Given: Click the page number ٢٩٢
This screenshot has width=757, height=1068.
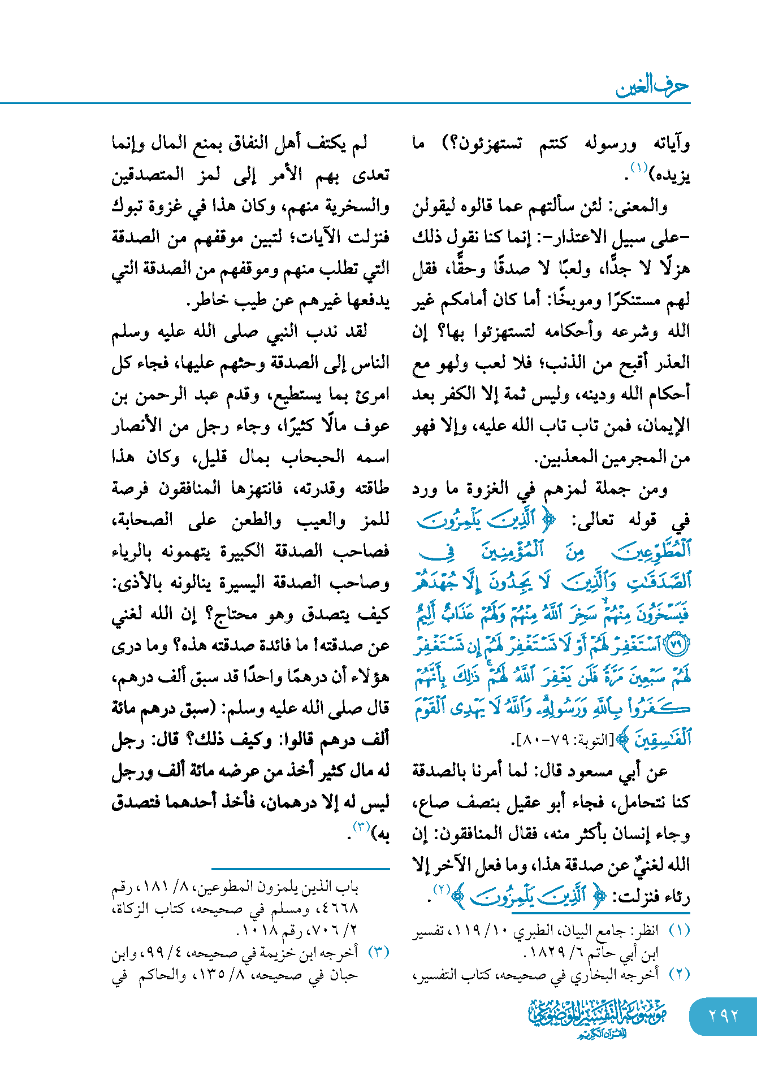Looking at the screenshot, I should [723, 1015].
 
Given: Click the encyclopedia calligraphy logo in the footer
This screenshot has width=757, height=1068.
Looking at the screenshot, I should [598, 1018].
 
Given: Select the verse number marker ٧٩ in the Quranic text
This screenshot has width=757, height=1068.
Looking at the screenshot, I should [677, 645].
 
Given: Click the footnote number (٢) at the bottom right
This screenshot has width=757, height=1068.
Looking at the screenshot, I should [679, 974].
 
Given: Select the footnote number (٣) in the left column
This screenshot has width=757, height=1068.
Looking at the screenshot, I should [379, 952].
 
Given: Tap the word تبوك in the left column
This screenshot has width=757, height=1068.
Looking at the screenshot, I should [127, 206].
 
